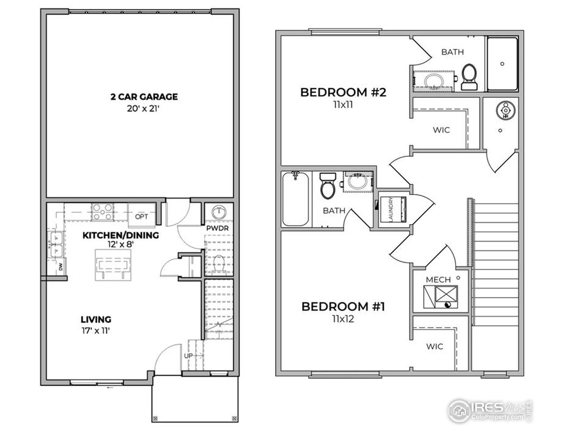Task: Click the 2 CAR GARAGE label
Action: tap(144, 97)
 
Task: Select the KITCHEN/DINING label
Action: tap(120, 235)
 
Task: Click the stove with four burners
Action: tap(102, 212)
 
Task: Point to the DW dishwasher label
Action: tap(60, 267)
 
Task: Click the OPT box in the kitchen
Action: tap(141, 216)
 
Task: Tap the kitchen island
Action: tap(113, 264)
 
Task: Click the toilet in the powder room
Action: tap(218, 264)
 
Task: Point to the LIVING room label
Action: tap(96, 319)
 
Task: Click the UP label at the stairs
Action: tap(188, 356)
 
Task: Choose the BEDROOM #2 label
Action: tap(343, 93)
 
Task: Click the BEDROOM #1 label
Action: tap(343, 306)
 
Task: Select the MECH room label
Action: tap(438, 279)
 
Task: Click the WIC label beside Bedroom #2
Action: tap(441, 130)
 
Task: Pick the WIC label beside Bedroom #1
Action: tap(434, 346)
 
